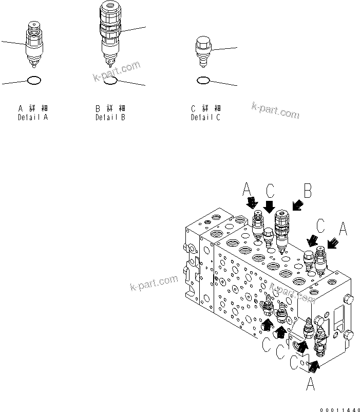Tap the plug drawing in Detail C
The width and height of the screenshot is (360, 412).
point(203,51)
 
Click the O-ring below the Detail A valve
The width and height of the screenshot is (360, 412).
point(33,81)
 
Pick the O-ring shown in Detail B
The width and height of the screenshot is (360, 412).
point(111,81)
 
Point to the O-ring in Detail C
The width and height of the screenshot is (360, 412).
point(203,81)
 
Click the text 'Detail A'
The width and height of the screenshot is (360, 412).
point(33,118)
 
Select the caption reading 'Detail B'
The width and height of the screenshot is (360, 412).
point(110,118)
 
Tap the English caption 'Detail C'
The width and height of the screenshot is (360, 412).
point(205,118)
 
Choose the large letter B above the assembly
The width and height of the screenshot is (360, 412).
point(308,192)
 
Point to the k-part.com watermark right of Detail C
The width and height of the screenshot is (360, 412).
point(275,110)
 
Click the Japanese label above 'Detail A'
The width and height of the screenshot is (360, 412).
point(33,108)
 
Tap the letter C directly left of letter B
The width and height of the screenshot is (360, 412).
point(271,191)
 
